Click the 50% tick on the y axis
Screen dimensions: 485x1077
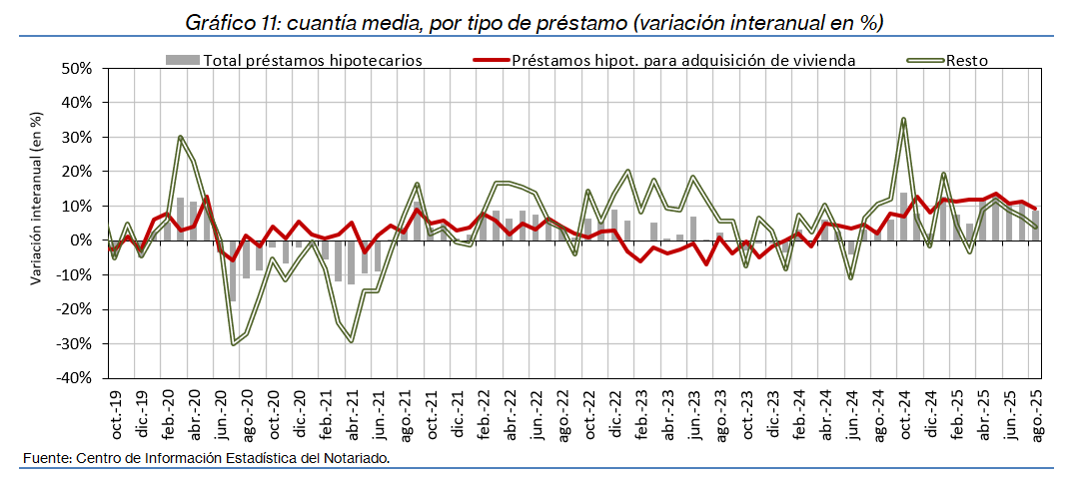pyautogui.click(x=76, y=69)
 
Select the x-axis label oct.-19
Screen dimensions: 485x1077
pyautogui.click(x=116, y=414)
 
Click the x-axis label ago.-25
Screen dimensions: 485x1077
pyautogui.click(x=1037, y=414)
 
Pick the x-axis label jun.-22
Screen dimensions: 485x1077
pyautogui.click(x=538, y=414)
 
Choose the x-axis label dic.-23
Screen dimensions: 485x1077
pyautogui.click(x=774, y=414)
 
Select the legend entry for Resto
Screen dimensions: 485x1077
pyautogui.click(x=968, y=60)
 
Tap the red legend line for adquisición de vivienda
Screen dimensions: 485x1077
pyautogui.click(x=489, y=60)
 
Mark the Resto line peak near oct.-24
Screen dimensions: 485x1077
pyautogui.click(x=903, y=119)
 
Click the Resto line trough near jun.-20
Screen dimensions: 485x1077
pyautogui.click(x=233, y=344)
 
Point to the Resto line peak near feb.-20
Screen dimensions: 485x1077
pyautogui.click(x=180, y=137)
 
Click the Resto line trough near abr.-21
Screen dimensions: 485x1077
pyautogui.click(x=352, y=341)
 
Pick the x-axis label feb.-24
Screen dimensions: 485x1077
pyautogui.click(x=799, y=414)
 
